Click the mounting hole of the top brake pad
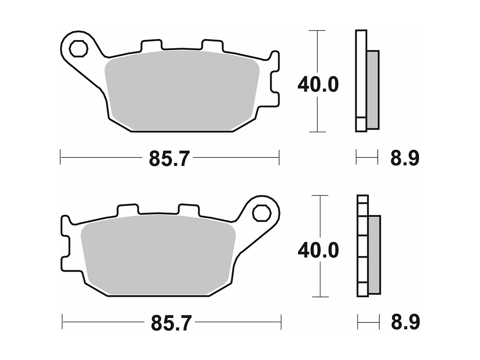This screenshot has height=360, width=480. point(78,48)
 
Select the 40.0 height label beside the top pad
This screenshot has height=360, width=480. point(318,85)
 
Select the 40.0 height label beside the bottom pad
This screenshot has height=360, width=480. point(318,251)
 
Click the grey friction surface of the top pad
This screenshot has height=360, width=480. point(181,91)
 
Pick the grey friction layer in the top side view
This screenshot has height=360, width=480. point(373,89)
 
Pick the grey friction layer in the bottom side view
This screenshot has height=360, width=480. point(374,254)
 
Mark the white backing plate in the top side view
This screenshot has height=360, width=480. point(361,80)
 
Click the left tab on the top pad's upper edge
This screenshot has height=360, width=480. point(151,45)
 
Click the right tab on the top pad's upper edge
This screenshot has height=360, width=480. point(212,45)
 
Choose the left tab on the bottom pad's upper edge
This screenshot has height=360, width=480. point(128,209)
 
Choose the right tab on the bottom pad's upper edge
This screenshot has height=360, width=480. point(188,209)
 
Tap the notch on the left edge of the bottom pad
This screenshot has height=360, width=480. point(67,245)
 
